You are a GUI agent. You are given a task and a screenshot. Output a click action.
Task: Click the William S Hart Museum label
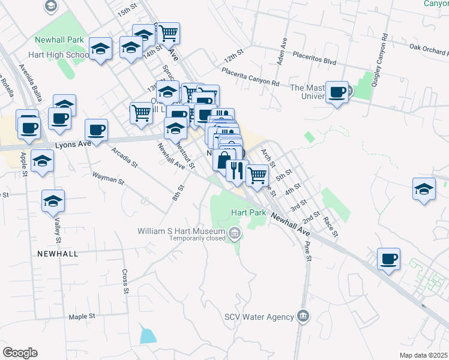181,231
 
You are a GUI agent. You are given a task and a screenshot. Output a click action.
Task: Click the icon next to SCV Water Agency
304,316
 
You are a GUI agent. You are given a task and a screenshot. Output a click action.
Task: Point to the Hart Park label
249,213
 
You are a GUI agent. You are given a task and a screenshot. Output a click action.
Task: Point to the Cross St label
125,280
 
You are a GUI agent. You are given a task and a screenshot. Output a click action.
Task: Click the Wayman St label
107,178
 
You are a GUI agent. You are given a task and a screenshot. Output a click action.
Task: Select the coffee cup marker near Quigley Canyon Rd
337,92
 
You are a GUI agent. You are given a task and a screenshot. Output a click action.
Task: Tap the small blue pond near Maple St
148,335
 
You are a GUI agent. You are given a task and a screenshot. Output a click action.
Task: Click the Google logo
20,353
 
